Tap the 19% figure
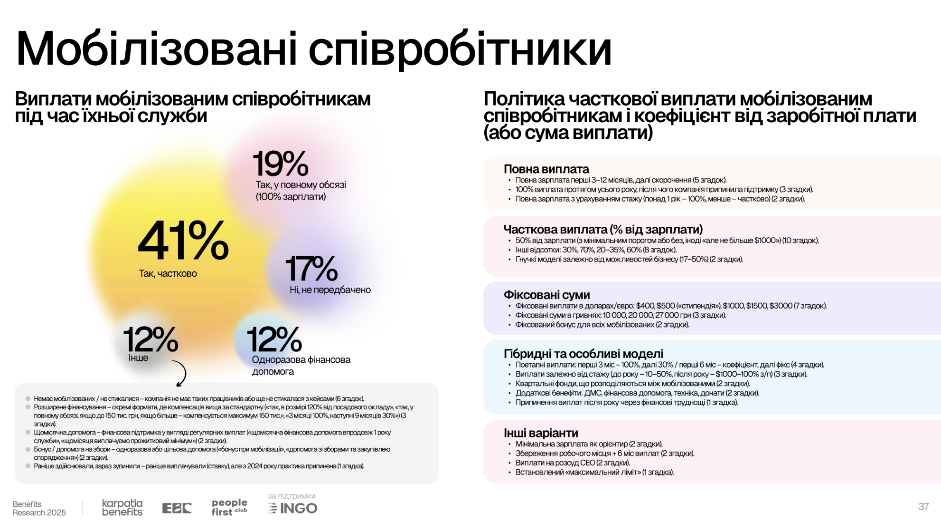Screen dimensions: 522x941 click(281, 164)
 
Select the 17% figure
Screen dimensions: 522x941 click(311, 269)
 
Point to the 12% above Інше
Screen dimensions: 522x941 click(151, 339)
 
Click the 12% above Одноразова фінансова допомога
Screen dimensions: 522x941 click(274, 339)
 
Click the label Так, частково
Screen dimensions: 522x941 click(168, 273)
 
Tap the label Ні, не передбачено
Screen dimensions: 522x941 click(330, 290)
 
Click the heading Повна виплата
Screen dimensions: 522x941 click(546, 169)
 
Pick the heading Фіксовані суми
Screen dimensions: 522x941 click(546, 295)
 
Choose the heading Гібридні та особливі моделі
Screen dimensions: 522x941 click(583, 354)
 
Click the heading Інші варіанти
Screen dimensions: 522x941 click(541, 433)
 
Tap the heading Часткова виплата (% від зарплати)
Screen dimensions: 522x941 click(603, 230)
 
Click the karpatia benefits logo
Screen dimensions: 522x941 click(122, 508)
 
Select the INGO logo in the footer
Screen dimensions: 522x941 click(293, 508)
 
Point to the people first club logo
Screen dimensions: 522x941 click(229, 507)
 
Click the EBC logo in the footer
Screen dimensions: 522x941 click(177, 508)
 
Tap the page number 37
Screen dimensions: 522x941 click(923, 507)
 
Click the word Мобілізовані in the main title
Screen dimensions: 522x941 click(157, 49)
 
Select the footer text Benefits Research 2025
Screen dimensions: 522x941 click(39, 508)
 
